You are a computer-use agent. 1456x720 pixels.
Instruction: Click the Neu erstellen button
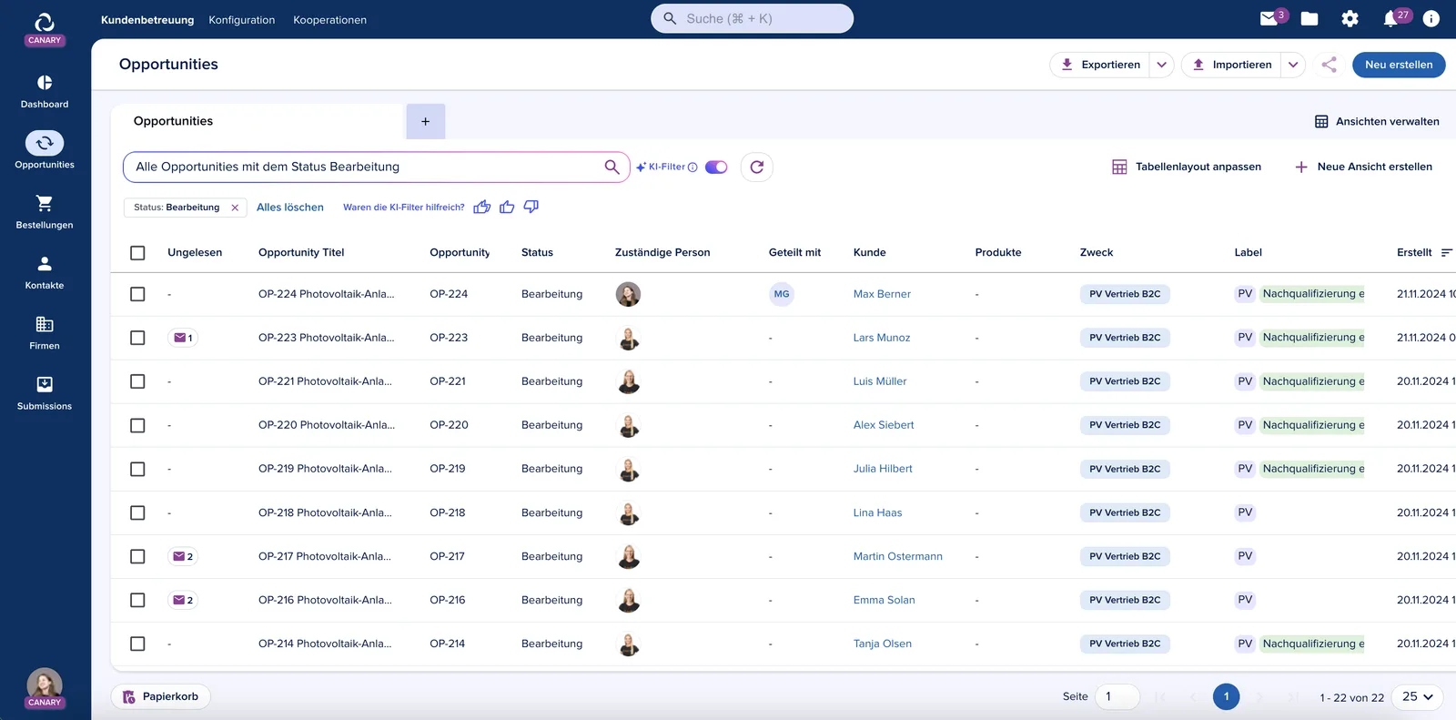[x=1398, y=65]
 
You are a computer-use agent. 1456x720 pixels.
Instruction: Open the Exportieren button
[x=1100, y=65]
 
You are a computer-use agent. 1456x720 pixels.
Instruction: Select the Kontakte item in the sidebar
[x=45, y=272]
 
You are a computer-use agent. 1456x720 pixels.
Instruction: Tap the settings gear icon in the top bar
[x=1350, y=19]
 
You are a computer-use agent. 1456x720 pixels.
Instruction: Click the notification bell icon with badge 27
[x=1390, y=19]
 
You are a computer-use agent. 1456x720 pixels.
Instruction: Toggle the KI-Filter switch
[x=716, y=167]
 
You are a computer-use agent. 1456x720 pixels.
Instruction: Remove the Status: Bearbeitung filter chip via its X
[x=235, y=208]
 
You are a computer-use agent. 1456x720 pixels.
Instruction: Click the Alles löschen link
[x=290, y=207]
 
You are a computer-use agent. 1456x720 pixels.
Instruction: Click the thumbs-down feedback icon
[x=531, y=207]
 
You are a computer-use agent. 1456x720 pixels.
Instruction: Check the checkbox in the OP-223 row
[x=137, y=338]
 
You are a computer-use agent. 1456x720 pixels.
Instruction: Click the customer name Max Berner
[x=882, y=294]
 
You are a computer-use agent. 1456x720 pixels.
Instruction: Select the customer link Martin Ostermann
[x=897, y=556]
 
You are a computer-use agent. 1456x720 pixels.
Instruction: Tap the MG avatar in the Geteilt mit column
[x=782, y=294]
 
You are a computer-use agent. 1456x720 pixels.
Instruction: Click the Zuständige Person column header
[x=662, y=252]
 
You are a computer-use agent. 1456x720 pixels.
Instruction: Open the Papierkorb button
[x=160, y=696]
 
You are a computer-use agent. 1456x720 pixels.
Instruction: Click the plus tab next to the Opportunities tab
[x=425, y=122]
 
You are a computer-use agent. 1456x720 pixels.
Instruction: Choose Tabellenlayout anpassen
[x=1187, y=167]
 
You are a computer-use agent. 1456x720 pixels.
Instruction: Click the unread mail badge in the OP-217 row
[x=183, y=556]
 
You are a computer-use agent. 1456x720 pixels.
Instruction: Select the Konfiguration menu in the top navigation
[x=242, y=19]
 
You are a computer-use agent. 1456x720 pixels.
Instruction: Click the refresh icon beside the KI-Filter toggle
[x=756, y=167]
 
